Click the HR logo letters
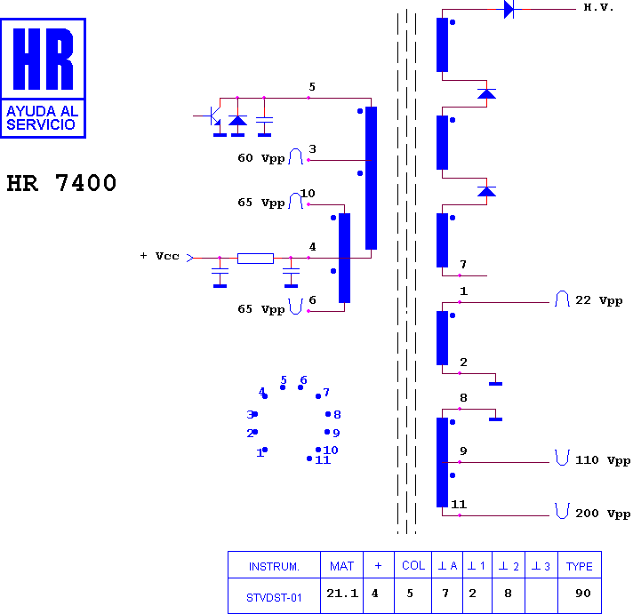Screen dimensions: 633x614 44,59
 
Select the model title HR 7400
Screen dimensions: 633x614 61,183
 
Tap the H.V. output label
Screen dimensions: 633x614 598,7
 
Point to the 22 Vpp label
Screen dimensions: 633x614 598,300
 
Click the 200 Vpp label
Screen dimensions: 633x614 603,514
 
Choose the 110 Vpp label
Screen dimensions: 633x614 603,460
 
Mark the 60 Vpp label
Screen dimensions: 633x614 261,158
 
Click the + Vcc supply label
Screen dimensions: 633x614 159,256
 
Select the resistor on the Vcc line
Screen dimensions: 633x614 255,259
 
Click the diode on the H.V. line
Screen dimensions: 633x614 509,9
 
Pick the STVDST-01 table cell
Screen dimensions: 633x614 274,597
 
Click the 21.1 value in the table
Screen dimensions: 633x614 342,593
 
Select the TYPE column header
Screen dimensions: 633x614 580,566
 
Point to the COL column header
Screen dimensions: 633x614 413,566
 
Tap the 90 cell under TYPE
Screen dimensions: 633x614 583,593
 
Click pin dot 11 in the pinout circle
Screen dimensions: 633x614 309,459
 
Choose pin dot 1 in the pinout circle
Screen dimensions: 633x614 265,450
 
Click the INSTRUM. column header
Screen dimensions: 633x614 274,567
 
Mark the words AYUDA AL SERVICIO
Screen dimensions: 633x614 43,118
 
